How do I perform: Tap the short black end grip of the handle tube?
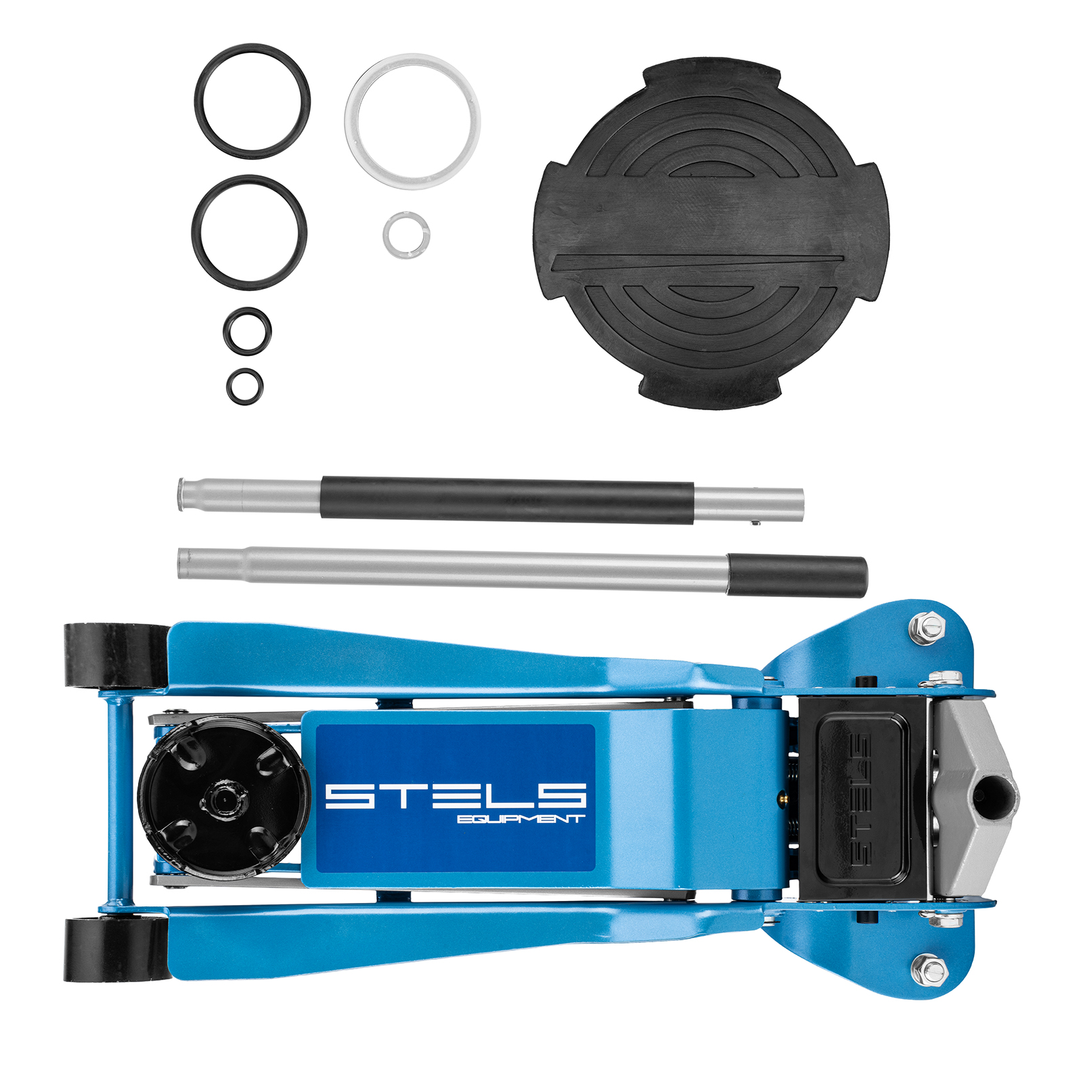pyautogui.click(x=797, y=576)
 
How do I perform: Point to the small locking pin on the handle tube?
pyautogui.click(x=756, y=523)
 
